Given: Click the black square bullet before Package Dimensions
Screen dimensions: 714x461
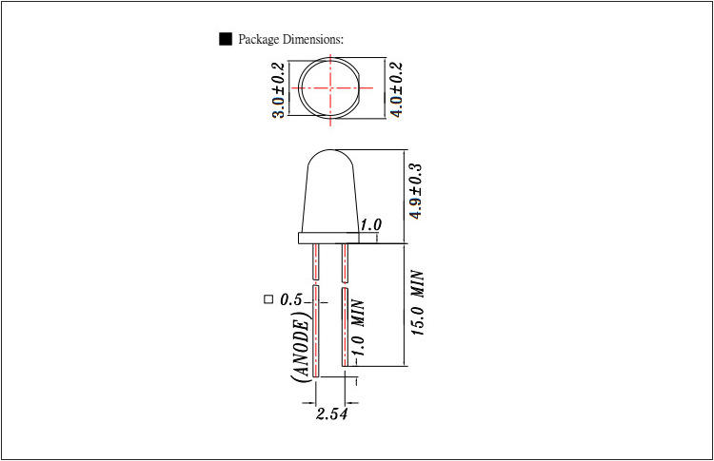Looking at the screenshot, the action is coord(226,39).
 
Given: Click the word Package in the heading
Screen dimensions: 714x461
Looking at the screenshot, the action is coord(258,40).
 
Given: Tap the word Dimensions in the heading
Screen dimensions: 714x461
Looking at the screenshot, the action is coord(313,39).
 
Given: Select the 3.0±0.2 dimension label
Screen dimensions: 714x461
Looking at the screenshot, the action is coord(278,90).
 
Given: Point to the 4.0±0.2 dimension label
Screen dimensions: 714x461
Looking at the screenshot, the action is coord(397,89).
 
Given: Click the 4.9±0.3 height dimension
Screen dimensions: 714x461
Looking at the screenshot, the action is coord(416,191).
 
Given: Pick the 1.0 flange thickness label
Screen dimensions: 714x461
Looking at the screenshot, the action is coord(371,224).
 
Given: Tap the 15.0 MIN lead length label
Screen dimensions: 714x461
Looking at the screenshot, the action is coord(418,303).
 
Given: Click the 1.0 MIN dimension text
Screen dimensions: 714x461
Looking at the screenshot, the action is coord(358,328).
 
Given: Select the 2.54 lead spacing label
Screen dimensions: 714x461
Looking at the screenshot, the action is coord(331,413).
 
